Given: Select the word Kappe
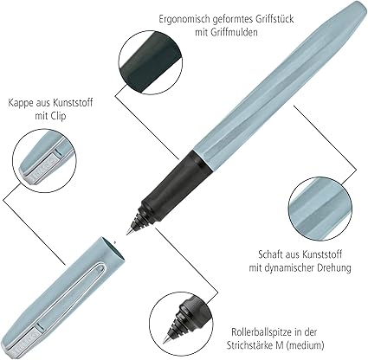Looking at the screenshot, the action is click(x=20, y=103).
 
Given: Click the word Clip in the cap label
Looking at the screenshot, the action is click(x=58, y=116).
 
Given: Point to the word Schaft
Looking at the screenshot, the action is click(x=270, y=254).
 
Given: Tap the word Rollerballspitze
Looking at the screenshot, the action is click(x=261, y=332).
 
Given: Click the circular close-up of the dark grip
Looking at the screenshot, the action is click(x=151, y=62).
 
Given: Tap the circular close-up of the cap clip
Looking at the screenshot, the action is click(x=45, y=161).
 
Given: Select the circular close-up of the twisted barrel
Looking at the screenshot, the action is click(x=320, y=209).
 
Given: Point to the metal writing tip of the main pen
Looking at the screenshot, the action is click(x=129, y=229).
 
